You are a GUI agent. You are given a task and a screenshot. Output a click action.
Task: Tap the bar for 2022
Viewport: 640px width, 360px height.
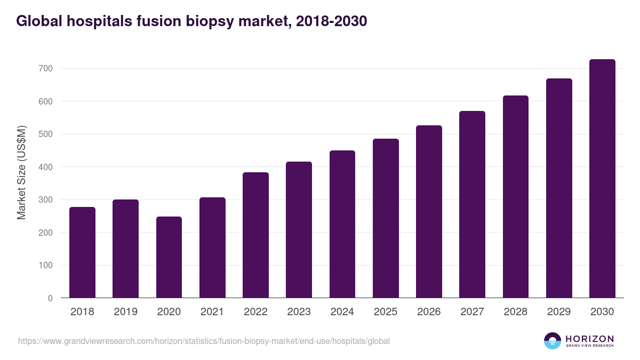(255, 235)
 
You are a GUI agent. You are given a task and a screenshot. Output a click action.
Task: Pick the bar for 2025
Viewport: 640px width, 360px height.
(386, 218)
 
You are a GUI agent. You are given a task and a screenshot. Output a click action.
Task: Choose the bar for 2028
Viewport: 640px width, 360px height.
(515, 197)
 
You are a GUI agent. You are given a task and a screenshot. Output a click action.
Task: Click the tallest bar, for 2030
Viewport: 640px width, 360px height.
(602, 179)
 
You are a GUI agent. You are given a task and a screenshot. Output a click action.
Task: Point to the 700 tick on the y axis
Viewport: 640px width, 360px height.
(46, 69)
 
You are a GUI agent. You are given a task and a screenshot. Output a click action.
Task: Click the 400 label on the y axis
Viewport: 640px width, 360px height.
(46, 167)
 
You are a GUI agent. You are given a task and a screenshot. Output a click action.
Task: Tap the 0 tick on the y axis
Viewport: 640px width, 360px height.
(50, 298)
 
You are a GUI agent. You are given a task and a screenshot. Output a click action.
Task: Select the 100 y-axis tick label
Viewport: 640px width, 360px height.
(46, 266)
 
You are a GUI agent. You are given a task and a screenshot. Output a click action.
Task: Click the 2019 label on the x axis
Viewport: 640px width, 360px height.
(125, 312)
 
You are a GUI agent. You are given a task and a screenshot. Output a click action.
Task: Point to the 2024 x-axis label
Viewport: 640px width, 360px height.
(342, 312)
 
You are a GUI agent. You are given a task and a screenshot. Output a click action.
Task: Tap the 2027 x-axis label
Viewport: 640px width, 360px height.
(472, 312)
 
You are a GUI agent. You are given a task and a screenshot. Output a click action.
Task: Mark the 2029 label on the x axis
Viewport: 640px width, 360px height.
(558, 312)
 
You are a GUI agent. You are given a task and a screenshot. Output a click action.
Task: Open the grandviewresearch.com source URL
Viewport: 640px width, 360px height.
(204, 341)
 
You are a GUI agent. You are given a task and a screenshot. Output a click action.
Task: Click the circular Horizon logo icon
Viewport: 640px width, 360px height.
(552, 341)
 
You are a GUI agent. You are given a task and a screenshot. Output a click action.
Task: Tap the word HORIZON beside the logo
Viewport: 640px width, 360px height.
(589, 339)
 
